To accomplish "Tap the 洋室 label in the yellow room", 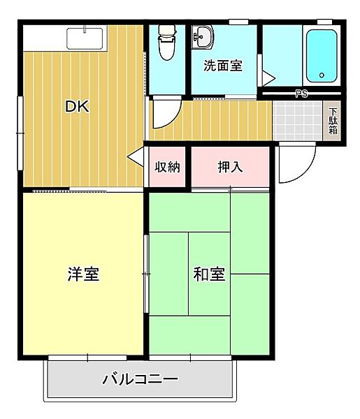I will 82,274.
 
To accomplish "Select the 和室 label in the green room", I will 209,274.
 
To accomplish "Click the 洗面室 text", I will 223,66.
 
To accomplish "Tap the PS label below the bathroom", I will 301,93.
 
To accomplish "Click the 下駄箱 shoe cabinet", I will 333,121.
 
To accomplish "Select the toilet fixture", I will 167,44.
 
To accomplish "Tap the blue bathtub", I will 321,56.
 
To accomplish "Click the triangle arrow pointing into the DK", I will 135,159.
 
